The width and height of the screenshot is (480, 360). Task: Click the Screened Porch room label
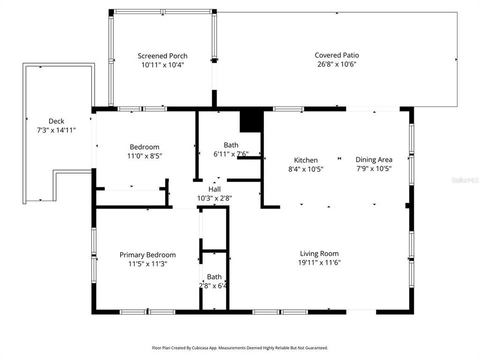162,56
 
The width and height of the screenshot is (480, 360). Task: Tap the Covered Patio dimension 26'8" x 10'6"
336,64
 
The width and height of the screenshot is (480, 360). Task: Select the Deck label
56,121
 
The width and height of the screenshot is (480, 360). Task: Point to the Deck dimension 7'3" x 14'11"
56,130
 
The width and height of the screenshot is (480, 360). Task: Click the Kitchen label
305,160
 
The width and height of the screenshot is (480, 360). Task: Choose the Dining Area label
373,159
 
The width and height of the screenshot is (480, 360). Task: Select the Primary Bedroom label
147,255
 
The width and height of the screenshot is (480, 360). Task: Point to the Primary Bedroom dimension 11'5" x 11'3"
147,263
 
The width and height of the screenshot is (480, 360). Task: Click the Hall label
214,189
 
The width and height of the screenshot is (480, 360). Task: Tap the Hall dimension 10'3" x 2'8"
214,198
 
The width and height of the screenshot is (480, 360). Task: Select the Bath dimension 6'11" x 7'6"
230,154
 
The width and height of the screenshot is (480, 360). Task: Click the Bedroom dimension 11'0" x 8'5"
144,155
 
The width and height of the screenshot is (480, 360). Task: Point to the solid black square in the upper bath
251,121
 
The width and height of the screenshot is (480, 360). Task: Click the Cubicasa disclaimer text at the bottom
240,347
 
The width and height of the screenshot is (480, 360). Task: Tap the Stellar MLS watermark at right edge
465,179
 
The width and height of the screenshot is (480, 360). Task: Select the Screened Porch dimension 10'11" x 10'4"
162,64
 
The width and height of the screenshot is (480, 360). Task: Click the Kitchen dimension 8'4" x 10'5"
305,169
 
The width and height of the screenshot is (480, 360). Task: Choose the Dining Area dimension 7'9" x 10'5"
373,168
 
